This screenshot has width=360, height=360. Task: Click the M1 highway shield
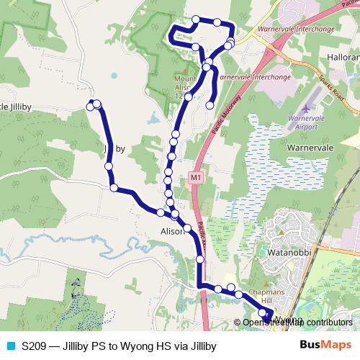[196, 176]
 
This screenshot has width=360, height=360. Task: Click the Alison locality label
[172, 232]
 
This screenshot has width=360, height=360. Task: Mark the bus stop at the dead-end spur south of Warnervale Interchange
[210, 105]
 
